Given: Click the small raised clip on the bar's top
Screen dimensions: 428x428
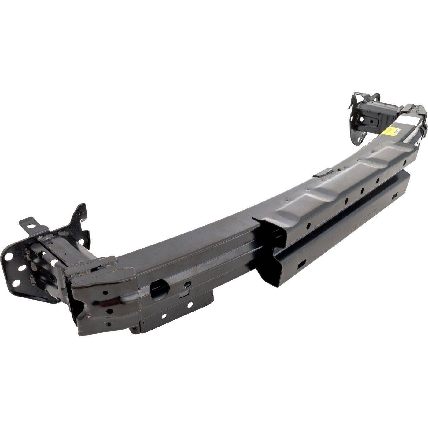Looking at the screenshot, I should tap(322, 173).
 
